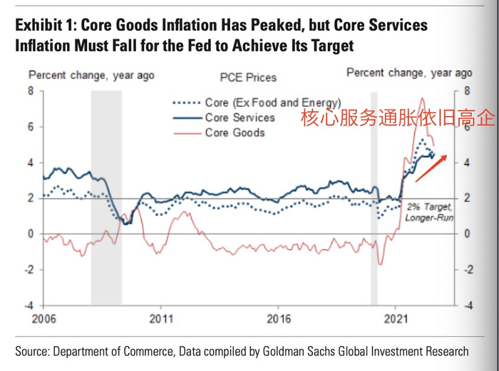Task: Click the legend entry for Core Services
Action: point(240,118)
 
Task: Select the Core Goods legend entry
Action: point(235,133)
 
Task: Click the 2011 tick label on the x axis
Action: point(161,318)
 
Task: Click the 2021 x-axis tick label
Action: point(397,318)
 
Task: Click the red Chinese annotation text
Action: point(396,118)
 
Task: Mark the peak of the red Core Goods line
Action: point(421,98)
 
